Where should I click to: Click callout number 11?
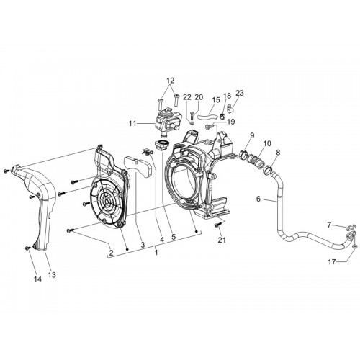pos(132,124)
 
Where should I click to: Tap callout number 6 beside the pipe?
pos(258,199)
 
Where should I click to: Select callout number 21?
pos(222,240)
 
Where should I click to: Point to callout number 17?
pos(332,262)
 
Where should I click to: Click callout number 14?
pos(37,279)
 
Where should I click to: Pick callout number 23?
pos(240,93)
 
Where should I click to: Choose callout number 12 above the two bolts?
pos(170,81)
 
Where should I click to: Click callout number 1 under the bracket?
pos(156,253)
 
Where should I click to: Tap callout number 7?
pos(329,225)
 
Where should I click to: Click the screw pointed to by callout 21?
pos(218,225)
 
